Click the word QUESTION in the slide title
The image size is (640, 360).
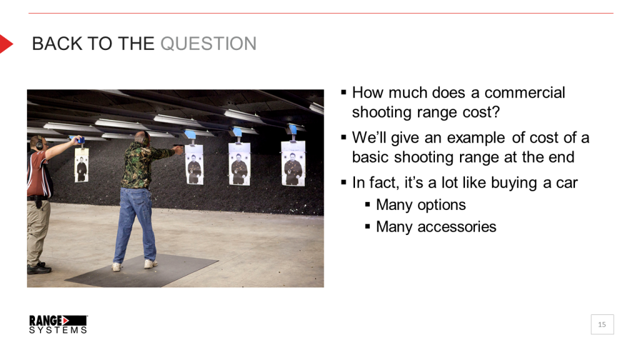208,44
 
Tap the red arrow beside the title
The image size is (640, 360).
6,44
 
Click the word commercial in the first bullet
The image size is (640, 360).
524,92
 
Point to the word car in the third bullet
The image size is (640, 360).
565,182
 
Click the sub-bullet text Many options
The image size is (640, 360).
421,204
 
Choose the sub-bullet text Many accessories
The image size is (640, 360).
436,226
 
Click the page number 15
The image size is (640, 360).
602,324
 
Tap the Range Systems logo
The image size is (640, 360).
58,324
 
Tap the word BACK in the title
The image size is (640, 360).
52,44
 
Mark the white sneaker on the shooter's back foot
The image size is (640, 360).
117,266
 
